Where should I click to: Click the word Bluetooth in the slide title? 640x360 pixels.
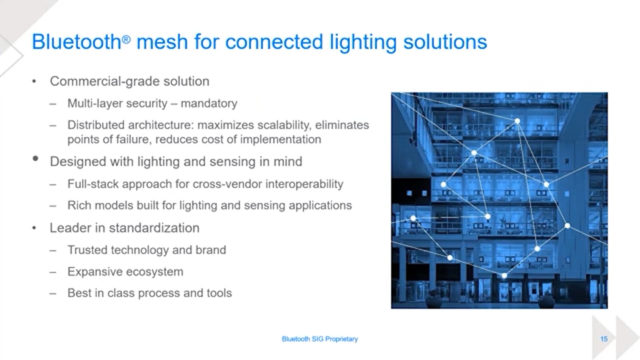click(76, 42)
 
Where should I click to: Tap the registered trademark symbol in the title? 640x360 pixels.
click(126, 40)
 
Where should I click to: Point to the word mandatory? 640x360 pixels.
click(209, 103)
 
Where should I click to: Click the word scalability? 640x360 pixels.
click(284, 125)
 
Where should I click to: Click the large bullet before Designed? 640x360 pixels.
click(35, 159)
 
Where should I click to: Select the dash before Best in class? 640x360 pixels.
click(53, 294)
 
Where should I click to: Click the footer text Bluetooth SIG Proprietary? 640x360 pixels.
click(320, 339)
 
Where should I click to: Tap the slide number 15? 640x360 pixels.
click(604, 339)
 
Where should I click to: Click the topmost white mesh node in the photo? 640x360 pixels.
click(517, 121)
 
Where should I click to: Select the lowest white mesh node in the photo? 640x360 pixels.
click(504, 276)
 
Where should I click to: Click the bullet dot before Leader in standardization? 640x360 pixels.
click(34, 228)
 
